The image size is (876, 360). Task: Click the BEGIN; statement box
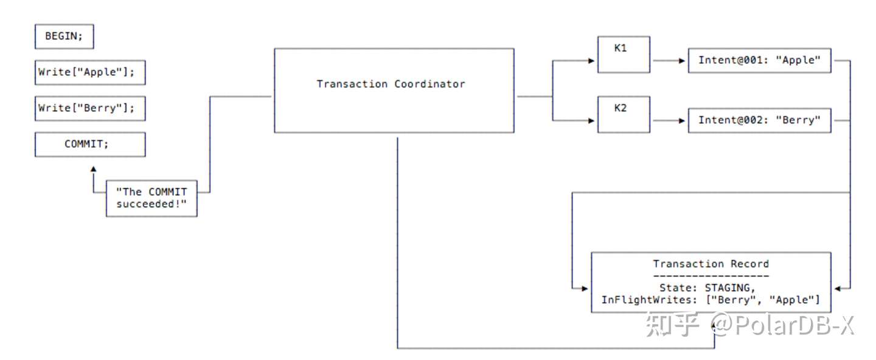pyautogui.click(x=64, y=36)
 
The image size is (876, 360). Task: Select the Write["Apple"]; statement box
pyautogui.click(x=90, y=72)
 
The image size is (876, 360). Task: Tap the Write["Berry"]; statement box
pyautogui.click(x=90, y=108)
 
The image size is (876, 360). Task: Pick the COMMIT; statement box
pyautogui.click(x=90, y=144)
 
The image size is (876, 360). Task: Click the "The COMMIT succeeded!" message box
pyautogui.click(x=151, y=198)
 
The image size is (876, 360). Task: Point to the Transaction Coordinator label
pyautogui.click(x=391, y=84)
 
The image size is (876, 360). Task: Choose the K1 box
pyautogui.click(x=624, y=54)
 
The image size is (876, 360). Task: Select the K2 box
pyautogui.click(x=624, y=114)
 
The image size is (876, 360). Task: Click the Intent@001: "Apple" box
pyautogui.click(x=759, y=60)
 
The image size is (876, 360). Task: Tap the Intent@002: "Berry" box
pyautogui.click(x=759, y=120)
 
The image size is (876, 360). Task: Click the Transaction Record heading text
pyautogui.click(x=711, y=264)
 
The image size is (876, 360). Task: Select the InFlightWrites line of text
pyautogui.click(x=711, y=300)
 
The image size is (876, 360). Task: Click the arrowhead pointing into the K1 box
pyautogui.click(x=591, y=60)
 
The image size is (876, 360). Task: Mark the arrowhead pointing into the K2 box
pyautogui.click(x=591, y=120)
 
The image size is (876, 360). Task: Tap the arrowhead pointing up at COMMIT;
pyautogui.click(x=93, y=168)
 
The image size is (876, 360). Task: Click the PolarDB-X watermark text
pyautogui.click(x=785, y=326)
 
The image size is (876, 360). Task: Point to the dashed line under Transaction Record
pyautogui.click(x=711, y=275)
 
